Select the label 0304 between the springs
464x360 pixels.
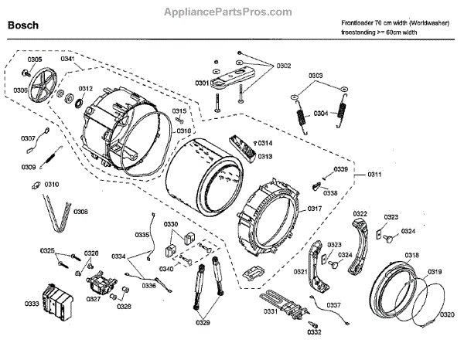tap(320, 114)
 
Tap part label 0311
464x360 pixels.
tap(374, 175)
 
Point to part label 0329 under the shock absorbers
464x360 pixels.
tap(203, 323)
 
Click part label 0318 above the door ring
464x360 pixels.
tap(411, 255)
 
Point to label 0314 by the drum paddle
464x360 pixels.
tap(264, 144)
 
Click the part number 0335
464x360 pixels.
tap(142, 234)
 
